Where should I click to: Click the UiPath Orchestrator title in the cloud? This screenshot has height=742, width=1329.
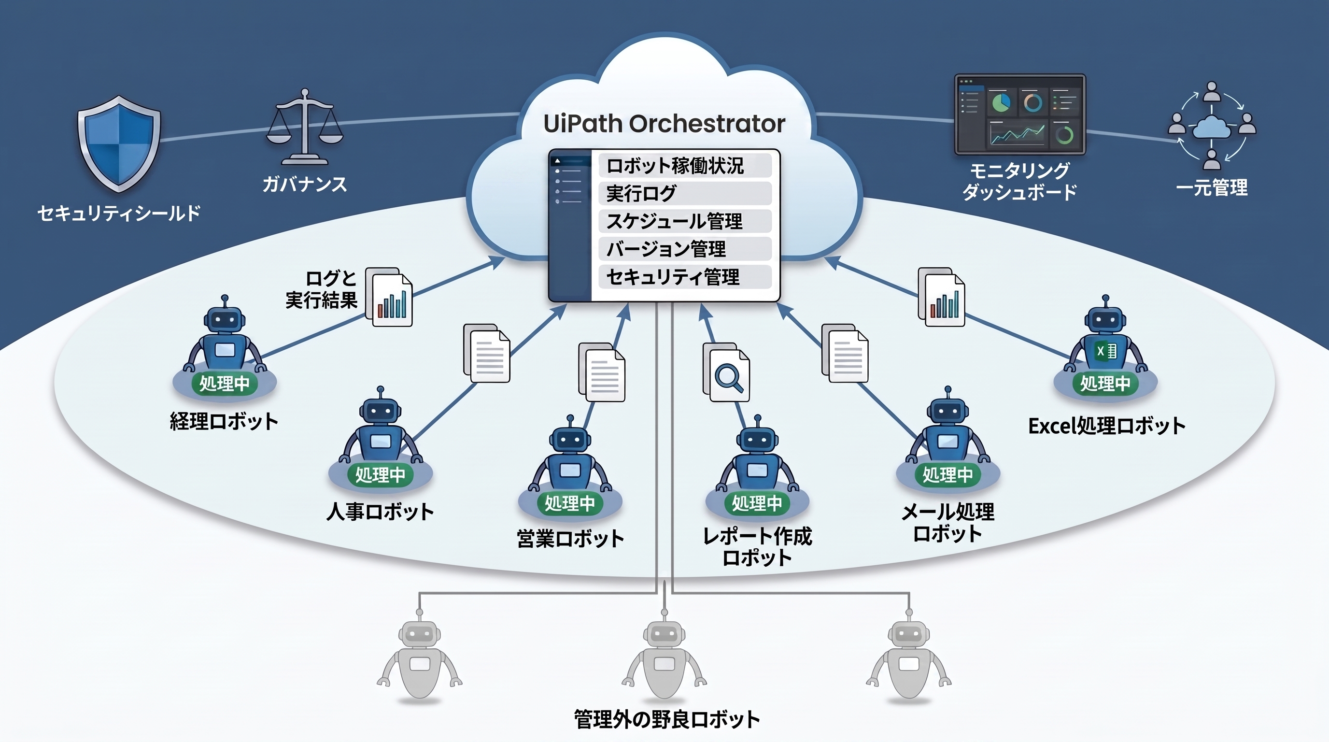point(664,124)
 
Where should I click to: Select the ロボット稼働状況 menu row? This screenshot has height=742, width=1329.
point(685,166)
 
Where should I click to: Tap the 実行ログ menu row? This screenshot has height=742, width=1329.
point(685,194)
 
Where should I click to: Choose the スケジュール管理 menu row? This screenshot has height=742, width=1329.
point(685,221)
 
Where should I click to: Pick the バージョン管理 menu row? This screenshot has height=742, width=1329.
point(685,249)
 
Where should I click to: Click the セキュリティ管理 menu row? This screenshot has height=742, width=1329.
point(685,277)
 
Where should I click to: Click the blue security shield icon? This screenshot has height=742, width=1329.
point(119,143)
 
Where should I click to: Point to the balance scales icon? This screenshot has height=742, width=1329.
point(304,127)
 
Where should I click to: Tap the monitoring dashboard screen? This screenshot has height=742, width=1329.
point(1020,114)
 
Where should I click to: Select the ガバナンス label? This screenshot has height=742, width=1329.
point(304,184)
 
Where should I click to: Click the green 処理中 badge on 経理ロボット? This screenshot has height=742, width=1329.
point(225,384)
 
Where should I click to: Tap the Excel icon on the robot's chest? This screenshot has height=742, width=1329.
point(1105,351)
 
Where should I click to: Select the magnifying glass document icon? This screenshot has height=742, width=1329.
point(726,372)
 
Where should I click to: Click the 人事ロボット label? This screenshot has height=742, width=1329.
point(380,512)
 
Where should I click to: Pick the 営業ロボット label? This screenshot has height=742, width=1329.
point(570,539)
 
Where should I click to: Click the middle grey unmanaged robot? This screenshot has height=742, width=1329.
point(664,656)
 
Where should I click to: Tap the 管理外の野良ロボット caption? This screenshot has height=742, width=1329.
point(666,719)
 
